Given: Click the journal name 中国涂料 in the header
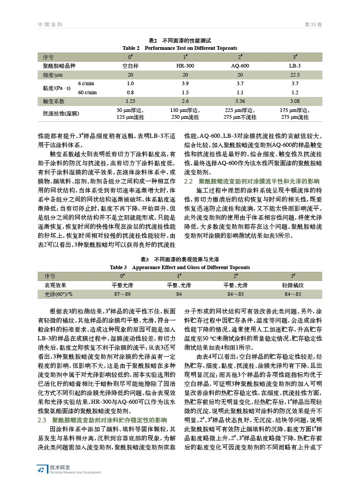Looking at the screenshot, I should pyautogui.click(x=50, y=24).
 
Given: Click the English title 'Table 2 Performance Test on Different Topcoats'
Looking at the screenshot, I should pyautogui.click(x=180, y=48).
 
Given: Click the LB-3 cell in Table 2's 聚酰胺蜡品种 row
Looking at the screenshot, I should pyautogui.click(x=295, y=66).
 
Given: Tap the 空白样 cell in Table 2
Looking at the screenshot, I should pyautogui.click(x=130, y=66).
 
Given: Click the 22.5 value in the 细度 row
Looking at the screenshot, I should pyautogui.click(x=295, y=75).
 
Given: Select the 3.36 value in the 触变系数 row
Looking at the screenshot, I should pyautogui.click(x=240, y=101).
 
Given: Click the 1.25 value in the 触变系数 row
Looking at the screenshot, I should pyautogui.click(x=130, y=101).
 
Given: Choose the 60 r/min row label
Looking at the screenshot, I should pyautogui.click(x=88, y=92).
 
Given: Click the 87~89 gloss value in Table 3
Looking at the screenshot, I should pyautogui.click(x=122, y=295).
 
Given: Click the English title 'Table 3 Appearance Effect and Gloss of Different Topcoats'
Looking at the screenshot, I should pyautogui.click(x=180, y=267).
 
